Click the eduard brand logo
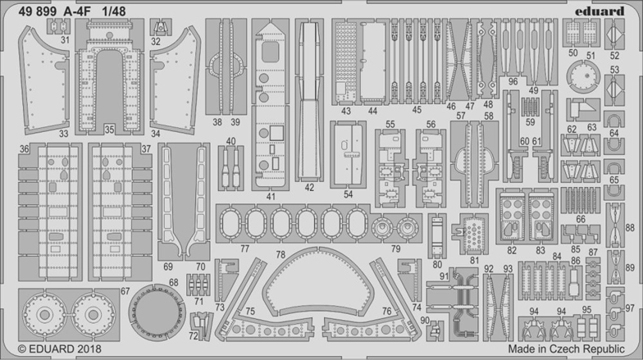coord(599,11)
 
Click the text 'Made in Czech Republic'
coord(566,349)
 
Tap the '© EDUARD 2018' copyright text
coord(59,349)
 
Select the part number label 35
coord(109,130)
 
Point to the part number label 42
coord(309,187)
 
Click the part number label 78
coord(280,254)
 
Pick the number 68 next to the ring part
coord(174,282)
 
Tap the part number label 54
coord(348,194)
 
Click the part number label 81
coord(474,260)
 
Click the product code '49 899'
coord(38,11)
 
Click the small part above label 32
coord(161,28)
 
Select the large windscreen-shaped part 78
coord(317,284)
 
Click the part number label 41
coord(271,197)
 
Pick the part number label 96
coord(513,82)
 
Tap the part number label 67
coord(125,291)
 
